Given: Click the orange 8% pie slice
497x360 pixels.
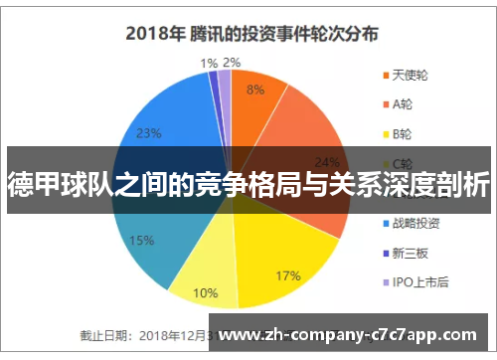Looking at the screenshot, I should (253, 99).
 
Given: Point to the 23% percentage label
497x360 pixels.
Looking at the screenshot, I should (149, 132).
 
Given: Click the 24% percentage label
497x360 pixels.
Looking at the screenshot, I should (326, 162).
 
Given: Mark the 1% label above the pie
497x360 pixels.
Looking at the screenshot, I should (209, 63).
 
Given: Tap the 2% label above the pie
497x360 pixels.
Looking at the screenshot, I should (232, 63).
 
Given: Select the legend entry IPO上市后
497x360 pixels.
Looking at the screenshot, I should (419, 282).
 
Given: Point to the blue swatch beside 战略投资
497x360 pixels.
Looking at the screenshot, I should (385, 224).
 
